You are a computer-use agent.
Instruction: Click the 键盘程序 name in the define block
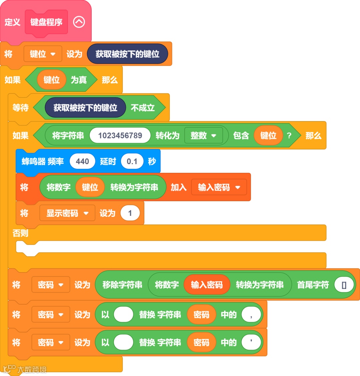[x=46, y=22]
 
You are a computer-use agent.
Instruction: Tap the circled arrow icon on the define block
[x=79, y=22]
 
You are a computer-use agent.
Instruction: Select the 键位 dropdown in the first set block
[x=43, y=54]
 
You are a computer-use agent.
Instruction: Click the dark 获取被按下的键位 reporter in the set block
[x=127, y=54]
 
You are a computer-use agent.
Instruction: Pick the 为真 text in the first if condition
[x=79, y=80]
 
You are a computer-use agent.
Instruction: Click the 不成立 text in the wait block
[x=143, y=108]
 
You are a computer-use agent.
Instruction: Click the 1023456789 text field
[x=120, y=135]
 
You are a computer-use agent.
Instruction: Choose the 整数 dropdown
[x=203, y=135]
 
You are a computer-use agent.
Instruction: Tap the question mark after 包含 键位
[x=289, y=135]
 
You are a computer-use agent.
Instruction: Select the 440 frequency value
[x=82, y=161]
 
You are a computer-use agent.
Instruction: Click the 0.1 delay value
[x=132, y=161]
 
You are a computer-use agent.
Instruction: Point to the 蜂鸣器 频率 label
[x=43, y=161]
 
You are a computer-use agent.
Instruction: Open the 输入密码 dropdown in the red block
[x=219, y=187]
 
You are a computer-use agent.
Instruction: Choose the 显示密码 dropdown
[x=67, y=213]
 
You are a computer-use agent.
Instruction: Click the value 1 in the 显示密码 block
[x=130, y=213]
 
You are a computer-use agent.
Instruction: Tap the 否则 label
[x=20, y=233]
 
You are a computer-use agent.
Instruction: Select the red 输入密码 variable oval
[x=207, y=285]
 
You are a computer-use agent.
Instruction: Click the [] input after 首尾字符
[x=344, y=285]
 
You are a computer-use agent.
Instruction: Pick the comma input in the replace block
[x=251, y=315]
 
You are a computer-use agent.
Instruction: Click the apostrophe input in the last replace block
[x=251, y=343]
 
